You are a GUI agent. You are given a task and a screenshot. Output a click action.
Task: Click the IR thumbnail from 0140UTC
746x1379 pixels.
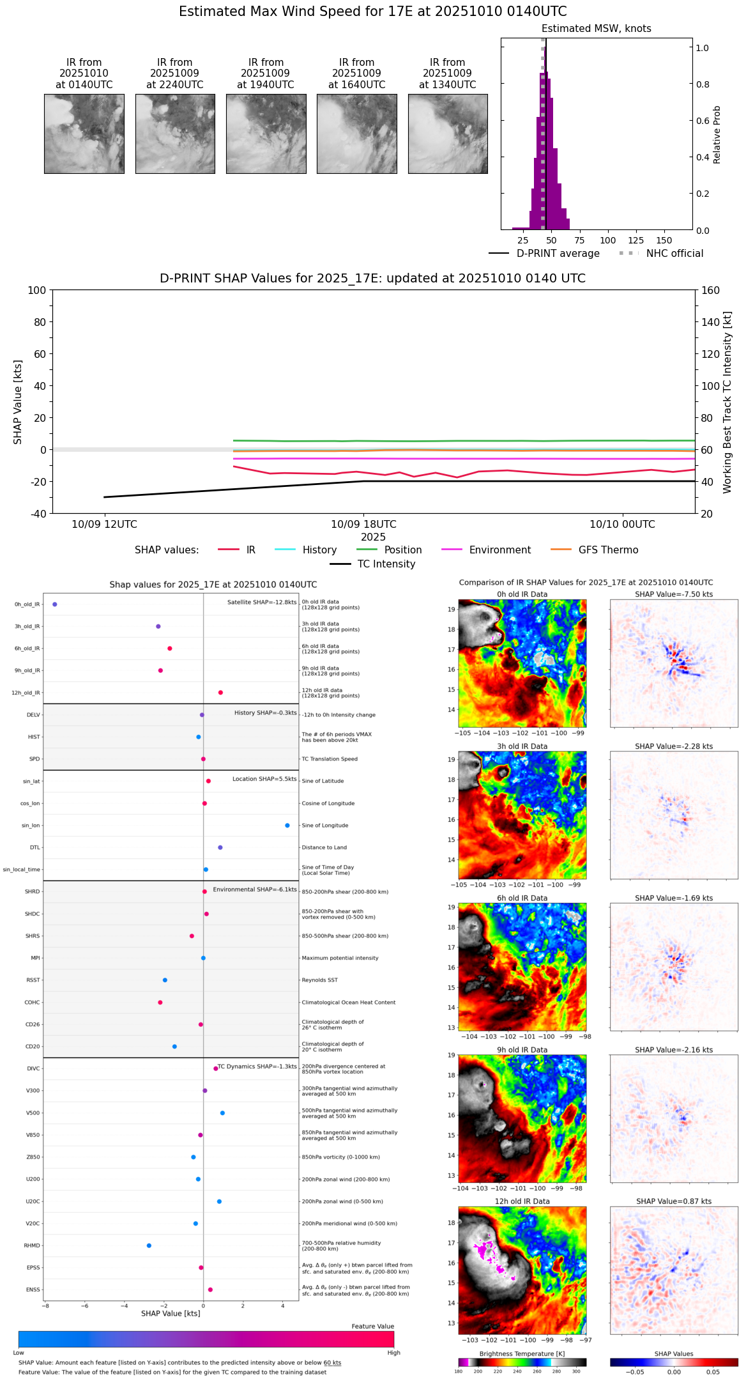(x=84, y=134)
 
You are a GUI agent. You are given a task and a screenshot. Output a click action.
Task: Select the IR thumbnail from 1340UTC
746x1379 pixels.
(x=448, y=134)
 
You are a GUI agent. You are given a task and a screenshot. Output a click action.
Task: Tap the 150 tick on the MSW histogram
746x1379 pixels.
(x=664, y=240)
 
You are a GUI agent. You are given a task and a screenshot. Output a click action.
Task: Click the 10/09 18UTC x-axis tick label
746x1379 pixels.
(x=363, y=525)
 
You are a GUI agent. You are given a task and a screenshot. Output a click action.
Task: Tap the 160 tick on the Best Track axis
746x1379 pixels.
(x=711, y=290)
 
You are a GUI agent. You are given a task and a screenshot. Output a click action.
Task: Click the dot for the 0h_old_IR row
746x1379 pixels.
(x=55, y=605)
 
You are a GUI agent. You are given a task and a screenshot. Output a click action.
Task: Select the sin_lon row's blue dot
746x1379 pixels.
(x=287, y=826)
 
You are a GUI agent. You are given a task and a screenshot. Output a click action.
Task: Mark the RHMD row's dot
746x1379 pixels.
(x=149, y=1245)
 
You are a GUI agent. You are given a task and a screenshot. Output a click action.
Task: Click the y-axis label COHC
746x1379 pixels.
(x=32, y=1003)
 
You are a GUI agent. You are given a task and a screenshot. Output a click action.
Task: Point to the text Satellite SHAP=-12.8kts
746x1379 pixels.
(x=262, y=603)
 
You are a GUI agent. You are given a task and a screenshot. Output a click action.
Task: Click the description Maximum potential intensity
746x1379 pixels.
(x=340, y=959)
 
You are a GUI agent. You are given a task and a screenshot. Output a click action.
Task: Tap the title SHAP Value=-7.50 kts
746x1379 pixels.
(x=674, y=594)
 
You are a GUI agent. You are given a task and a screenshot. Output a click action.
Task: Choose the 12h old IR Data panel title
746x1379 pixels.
(x=522, y=1201)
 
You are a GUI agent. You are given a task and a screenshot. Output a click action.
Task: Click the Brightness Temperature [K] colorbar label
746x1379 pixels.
(x=522, y=1354)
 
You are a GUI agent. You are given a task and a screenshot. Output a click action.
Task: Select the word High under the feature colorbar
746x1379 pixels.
(x=393, y=1353)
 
